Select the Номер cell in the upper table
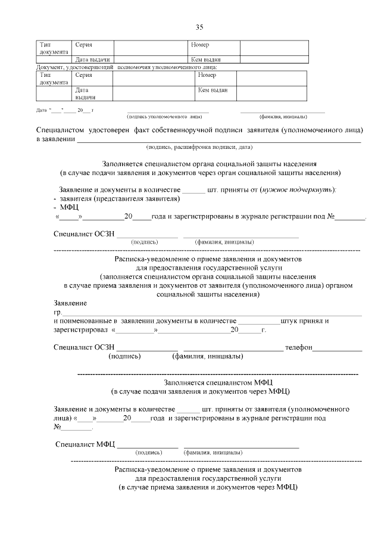200,45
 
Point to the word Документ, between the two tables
51,67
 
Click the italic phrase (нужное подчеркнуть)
304,189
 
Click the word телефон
298,347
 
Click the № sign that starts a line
58,427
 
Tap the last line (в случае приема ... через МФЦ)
208,487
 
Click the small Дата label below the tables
41,111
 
